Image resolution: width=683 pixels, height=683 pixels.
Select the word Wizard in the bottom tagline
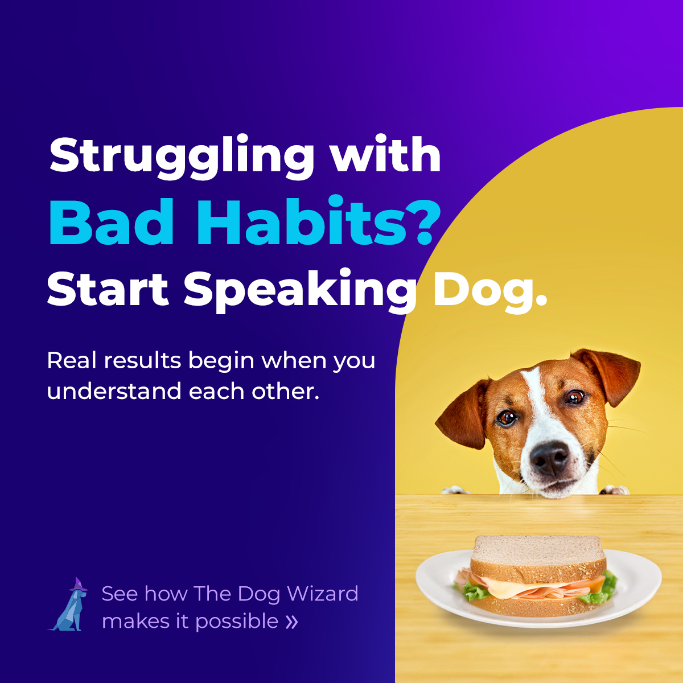click(322, 594)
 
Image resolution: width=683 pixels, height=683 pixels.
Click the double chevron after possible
click(291, 622)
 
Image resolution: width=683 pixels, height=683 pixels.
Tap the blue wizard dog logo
click(69, 607)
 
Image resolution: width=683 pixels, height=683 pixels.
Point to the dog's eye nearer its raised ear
click(574, 397)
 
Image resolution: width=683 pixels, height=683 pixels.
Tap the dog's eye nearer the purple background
click(506, 418)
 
